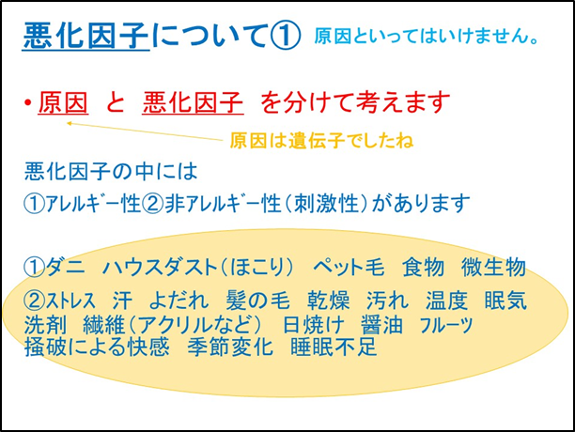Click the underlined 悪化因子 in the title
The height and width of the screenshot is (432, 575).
86,36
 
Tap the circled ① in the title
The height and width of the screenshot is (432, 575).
286,36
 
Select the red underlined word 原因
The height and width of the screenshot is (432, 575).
63,102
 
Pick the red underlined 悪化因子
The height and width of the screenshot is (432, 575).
193,102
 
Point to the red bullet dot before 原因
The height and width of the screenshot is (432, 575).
27,103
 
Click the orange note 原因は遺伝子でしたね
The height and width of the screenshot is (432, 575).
321,140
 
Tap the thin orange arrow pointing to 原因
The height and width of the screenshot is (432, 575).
145,131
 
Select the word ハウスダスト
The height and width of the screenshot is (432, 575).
161,267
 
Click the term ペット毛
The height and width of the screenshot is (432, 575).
349,267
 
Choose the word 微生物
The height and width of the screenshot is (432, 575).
493,267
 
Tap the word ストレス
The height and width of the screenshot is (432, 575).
70,301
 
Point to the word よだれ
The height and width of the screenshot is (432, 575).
179,301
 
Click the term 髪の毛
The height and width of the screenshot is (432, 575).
257,301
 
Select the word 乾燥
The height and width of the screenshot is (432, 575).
328,301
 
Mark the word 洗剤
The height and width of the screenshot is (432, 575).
45,324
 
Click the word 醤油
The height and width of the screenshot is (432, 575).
381,324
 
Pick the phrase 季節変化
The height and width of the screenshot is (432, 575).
230,347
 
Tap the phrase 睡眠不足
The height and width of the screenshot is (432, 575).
334,347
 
